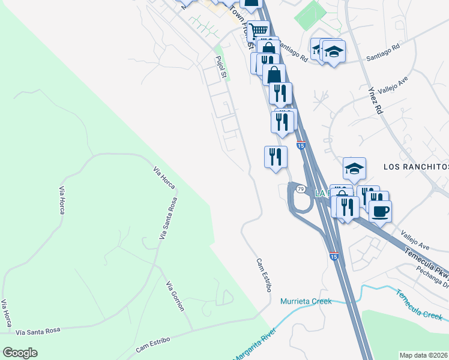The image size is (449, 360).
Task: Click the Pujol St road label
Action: [220, 67]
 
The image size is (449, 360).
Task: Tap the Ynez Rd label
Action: [375, 99]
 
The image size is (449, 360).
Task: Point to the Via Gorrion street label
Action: [175, 295]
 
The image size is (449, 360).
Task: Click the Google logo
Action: [20, 353]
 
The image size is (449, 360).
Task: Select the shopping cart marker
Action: [259, 30]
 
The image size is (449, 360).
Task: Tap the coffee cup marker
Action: [380, 211]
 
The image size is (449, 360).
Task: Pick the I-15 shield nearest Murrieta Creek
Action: [334, 256]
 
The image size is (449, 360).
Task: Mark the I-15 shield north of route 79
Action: [301, 145]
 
